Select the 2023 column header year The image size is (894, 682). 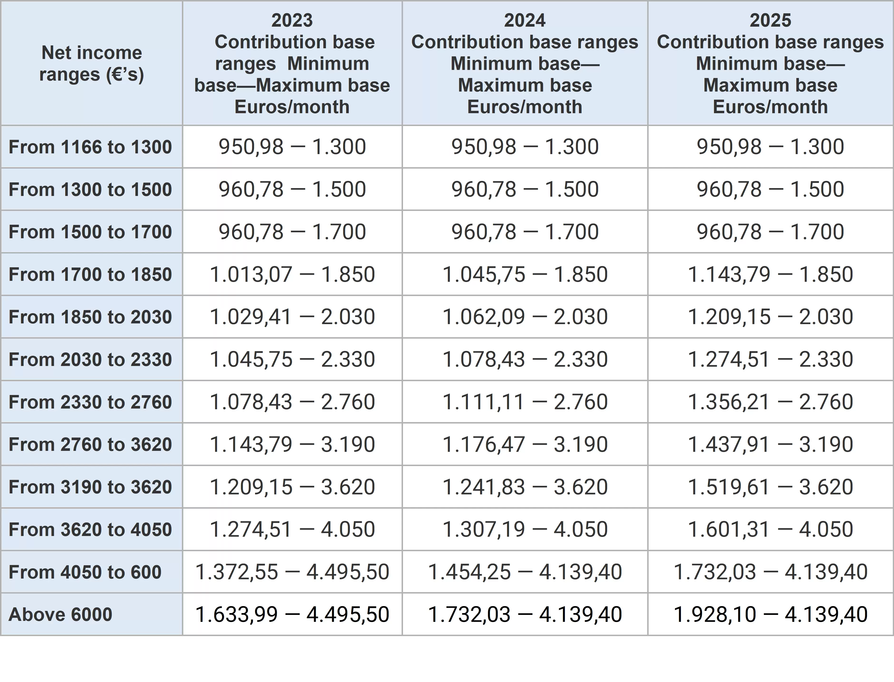(292, 20)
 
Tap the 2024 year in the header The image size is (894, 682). (525, 20)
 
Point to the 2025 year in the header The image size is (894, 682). (770, 20)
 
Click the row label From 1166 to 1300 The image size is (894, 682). (90, 147)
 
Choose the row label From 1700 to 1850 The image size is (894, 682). (90, 274)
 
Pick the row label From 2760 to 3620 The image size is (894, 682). (90, 444)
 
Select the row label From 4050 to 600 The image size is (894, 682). (85, 572)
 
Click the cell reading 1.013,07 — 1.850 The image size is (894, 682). (292, 274)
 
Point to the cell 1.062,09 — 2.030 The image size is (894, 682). (525, 317)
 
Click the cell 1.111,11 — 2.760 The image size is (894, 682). (525, 402)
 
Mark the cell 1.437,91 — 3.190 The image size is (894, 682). (770, 444)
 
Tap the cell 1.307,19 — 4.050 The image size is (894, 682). (525, 529)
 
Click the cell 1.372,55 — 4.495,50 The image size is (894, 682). (292, 572)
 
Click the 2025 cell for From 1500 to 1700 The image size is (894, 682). (770, 232)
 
